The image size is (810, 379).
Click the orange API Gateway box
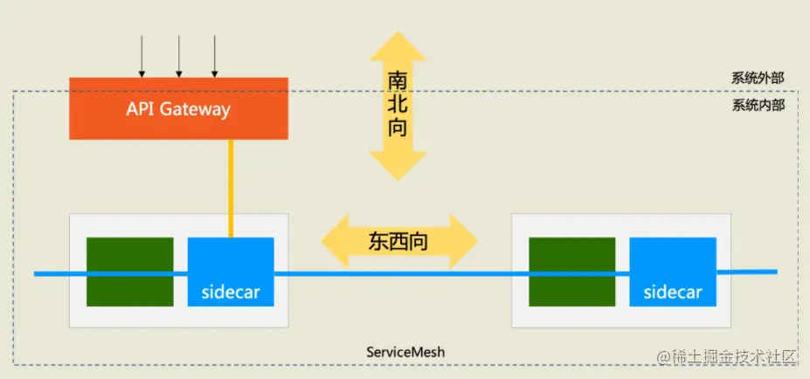(x=179, y=108)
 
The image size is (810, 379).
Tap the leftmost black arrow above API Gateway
(x=143, y=57)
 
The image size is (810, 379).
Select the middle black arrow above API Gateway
(x=179, y=57)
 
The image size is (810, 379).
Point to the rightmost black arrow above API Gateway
(x=214, y=57)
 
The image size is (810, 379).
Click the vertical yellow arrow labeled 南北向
(x=398, y=106)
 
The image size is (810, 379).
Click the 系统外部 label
(x=758, y=78)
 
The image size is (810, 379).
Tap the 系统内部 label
(x=758, y=105)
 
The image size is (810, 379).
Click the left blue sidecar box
(x=231, y=271)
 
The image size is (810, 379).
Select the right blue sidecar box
(x=672, y=271)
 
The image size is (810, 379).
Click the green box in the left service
(x=129, y=271)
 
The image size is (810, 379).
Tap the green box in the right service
(x=571, y=271)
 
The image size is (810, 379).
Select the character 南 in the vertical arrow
(x=398, y=80)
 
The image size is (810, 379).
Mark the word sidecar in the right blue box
(x=672, y=292)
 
